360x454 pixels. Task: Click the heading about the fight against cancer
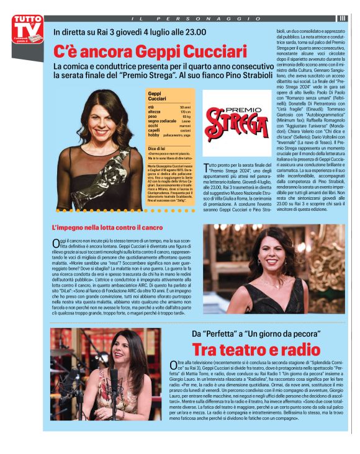click(107, 228)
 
